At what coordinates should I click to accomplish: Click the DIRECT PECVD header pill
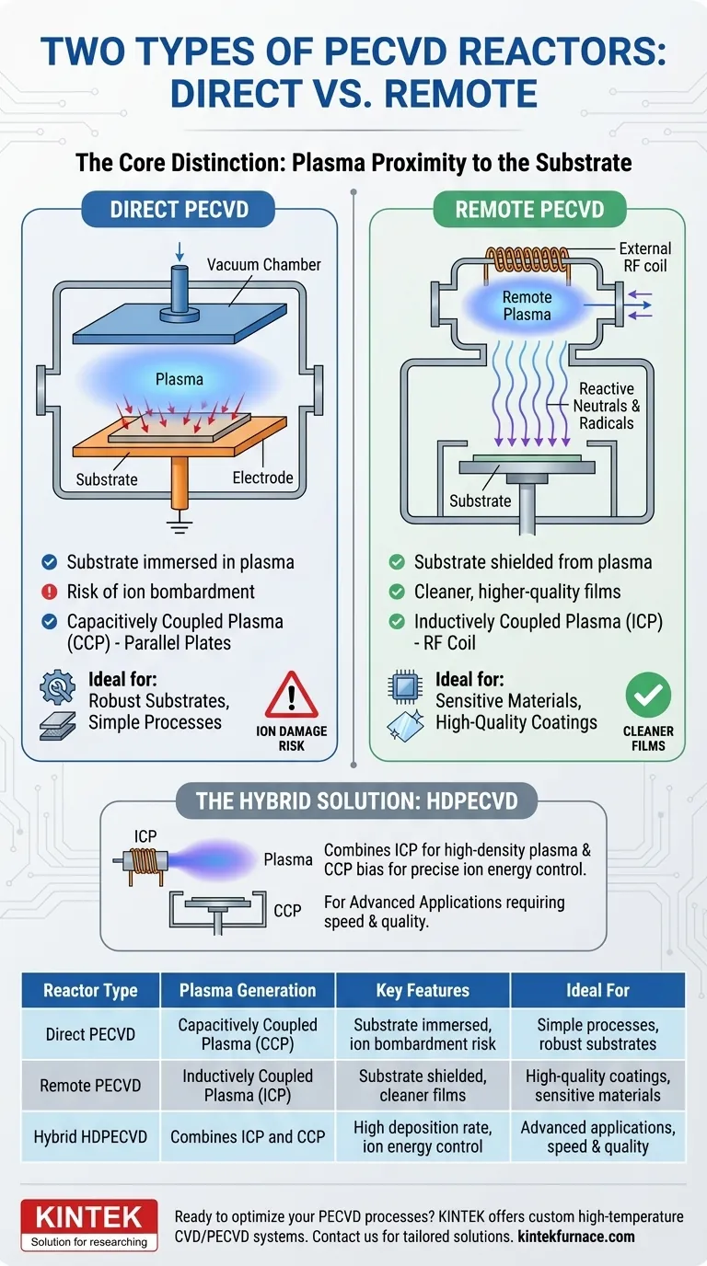(180, 210)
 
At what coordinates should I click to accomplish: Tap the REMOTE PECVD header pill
(529, 210)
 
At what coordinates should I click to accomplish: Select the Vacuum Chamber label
(264, 265)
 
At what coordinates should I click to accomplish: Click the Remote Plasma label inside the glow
(527, 305)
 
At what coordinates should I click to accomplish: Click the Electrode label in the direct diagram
(263, 478)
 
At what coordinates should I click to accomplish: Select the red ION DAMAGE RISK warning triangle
(291, 696)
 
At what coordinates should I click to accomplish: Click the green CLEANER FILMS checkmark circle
(648, 696)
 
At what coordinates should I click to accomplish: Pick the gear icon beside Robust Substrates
(58, 687)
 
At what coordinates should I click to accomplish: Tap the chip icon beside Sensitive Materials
(405, 685)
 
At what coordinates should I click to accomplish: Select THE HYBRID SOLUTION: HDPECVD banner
(356, 800)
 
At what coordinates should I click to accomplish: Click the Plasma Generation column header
(248, 991)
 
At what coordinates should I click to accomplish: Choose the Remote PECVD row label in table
(90, 1086)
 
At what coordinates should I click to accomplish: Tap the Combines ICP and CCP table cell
(248, 1136)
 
